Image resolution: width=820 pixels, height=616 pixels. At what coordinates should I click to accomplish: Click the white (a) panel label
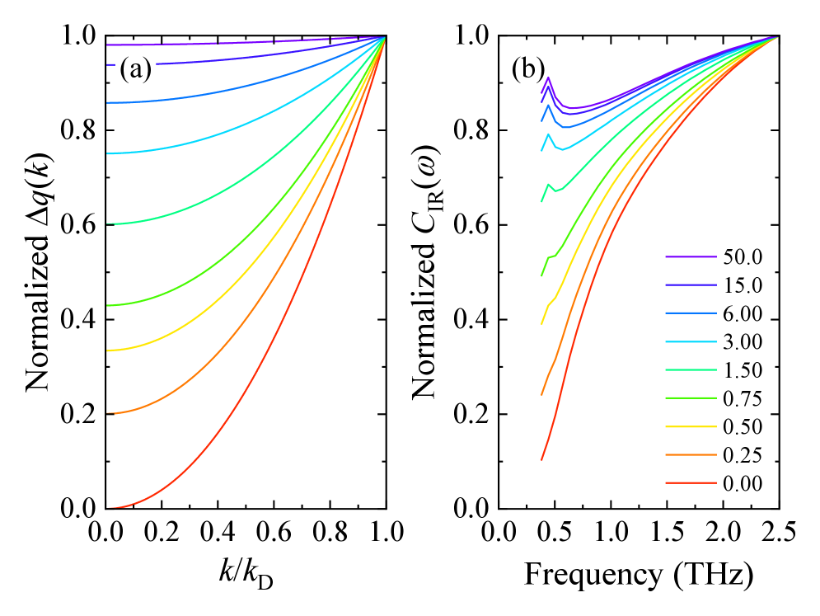135,70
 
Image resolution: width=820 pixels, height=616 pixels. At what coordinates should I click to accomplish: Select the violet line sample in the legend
691,257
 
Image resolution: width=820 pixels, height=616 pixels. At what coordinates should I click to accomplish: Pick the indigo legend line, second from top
691,285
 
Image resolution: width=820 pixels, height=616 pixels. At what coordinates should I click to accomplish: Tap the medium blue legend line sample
691,313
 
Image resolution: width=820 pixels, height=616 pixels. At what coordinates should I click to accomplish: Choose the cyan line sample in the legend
691,341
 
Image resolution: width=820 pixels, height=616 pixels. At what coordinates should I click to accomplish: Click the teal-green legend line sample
691,370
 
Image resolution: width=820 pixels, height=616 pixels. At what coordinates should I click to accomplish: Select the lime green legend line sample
691,398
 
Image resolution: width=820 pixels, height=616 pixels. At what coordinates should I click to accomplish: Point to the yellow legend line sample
691,426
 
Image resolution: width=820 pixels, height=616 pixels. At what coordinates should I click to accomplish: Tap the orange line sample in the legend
691,454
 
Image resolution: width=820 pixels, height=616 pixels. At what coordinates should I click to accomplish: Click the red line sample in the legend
691,482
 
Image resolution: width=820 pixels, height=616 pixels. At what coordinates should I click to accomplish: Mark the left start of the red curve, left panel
108,507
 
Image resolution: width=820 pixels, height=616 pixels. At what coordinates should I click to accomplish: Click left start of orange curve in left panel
108,413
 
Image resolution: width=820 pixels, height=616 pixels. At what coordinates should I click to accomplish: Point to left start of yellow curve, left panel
108,350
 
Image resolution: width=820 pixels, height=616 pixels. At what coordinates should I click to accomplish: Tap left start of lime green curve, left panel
108,306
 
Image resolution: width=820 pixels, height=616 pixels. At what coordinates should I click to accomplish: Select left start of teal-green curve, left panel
108,223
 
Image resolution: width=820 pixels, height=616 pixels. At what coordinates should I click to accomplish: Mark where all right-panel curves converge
776,37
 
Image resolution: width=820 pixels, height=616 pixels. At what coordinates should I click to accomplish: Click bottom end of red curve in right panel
541,459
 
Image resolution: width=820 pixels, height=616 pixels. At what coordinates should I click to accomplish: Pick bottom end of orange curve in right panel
541,394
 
